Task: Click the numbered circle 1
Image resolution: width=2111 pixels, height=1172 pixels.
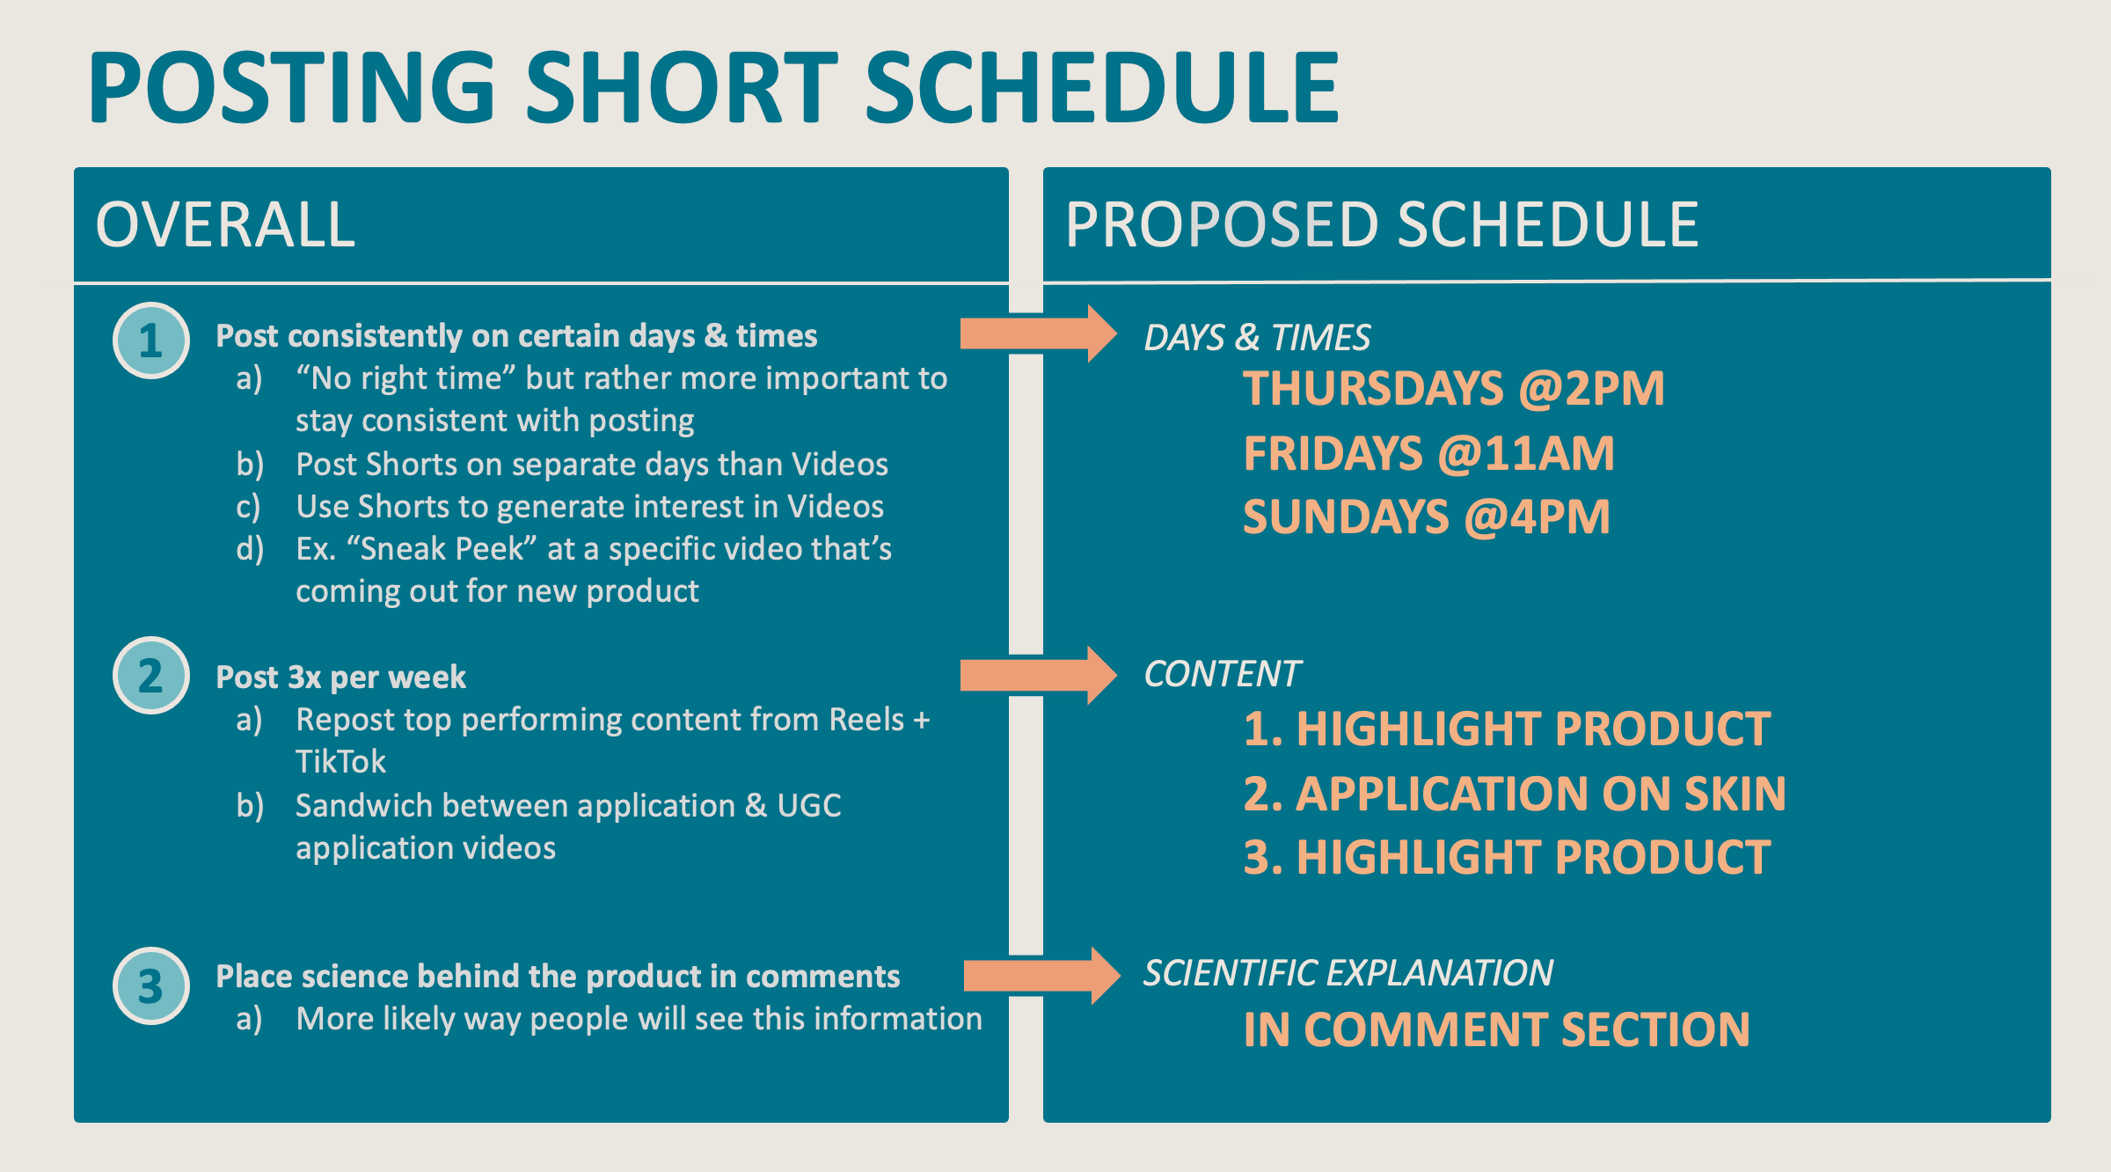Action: coord(151,341)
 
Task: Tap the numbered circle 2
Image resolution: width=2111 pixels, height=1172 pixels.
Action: coord(151,675)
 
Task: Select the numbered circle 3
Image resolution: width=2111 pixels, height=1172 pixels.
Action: coord(151,985)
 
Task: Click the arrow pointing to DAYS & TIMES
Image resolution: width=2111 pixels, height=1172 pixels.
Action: coord(1039,333)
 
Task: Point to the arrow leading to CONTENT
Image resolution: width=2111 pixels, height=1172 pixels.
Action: coord(1039,675)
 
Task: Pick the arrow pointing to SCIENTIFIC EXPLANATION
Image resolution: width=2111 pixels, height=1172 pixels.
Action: coord(1041,976)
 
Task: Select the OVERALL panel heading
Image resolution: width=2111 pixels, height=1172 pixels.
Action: coord(225,225)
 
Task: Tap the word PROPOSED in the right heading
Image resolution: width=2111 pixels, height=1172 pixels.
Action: coord(1224,225)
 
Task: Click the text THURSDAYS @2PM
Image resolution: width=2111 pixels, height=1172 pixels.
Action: coord(1453,389)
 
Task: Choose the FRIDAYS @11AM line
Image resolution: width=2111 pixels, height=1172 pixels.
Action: coord(1428,454)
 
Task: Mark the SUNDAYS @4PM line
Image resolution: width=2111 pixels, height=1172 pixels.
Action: coord(1426,517)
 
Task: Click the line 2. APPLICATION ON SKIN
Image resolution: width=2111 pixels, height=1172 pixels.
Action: coord(1515,794)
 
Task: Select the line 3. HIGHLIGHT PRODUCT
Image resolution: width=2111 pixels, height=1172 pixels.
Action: coord(1507,858)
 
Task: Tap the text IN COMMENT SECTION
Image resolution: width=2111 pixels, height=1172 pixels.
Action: coord(1496,1029)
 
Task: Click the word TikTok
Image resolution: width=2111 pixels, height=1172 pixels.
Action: coord(340,762)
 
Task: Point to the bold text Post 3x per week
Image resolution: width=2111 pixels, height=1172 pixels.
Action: coord(340,677)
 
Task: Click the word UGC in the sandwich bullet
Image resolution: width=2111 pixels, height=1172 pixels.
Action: coord(809,806)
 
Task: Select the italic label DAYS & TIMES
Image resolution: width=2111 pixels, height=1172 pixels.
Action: coord(1257,338)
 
